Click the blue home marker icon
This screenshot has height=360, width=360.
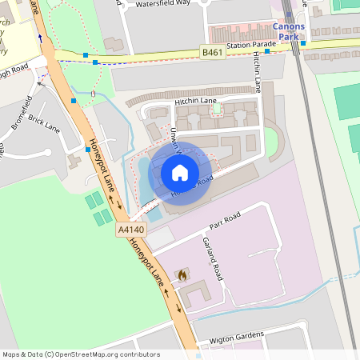pyautogui.click(x=180, y=173)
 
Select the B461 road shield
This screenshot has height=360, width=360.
pyautogui.click(x=212, y=53)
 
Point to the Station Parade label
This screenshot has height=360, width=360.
pyautogui.click(x=250, y=46)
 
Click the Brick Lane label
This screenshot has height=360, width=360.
pyautogui.click(x=44, y=122)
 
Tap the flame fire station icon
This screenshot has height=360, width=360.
pyautogui.click(x=182, y=274)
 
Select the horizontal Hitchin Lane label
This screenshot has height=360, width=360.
pyautogui.click(x=195, y=102)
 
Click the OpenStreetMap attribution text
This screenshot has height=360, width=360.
pyautogui.click(x=80, y=354)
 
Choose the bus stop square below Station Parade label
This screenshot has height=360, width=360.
pyautogui.click(x=267, y=50)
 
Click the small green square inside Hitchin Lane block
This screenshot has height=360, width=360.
pyautogui.click(x=215, y=108)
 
